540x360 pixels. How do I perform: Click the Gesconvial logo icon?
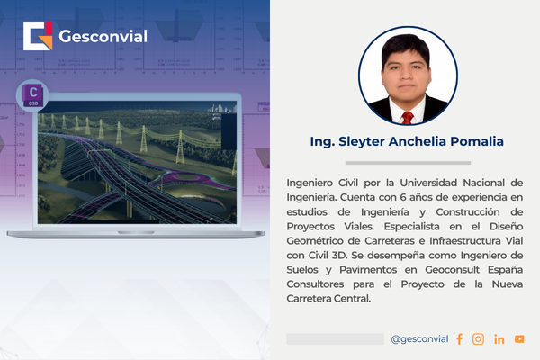(x=38, y=37)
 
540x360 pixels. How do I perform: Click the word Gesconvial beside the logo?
(x=103, y=38)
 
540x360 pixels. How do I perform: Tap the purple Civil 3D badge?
(x=34, y=94)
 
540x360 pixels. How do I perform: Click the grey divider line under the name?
(x=407, y=163)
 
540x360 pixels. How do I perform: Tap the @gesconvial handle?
(x=418, y=339)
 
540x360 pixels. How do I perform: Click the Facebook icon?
(x=459, y=339)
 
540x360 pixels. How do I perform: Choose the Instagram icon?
(x=478, y=339)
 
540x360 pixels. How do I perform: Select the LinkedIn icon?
(x=499, y=339)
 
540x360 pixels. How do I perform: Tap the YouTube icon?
(x=519, y=339)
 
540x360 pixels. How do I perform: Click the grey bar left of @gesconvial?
(x=335, y=339)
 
